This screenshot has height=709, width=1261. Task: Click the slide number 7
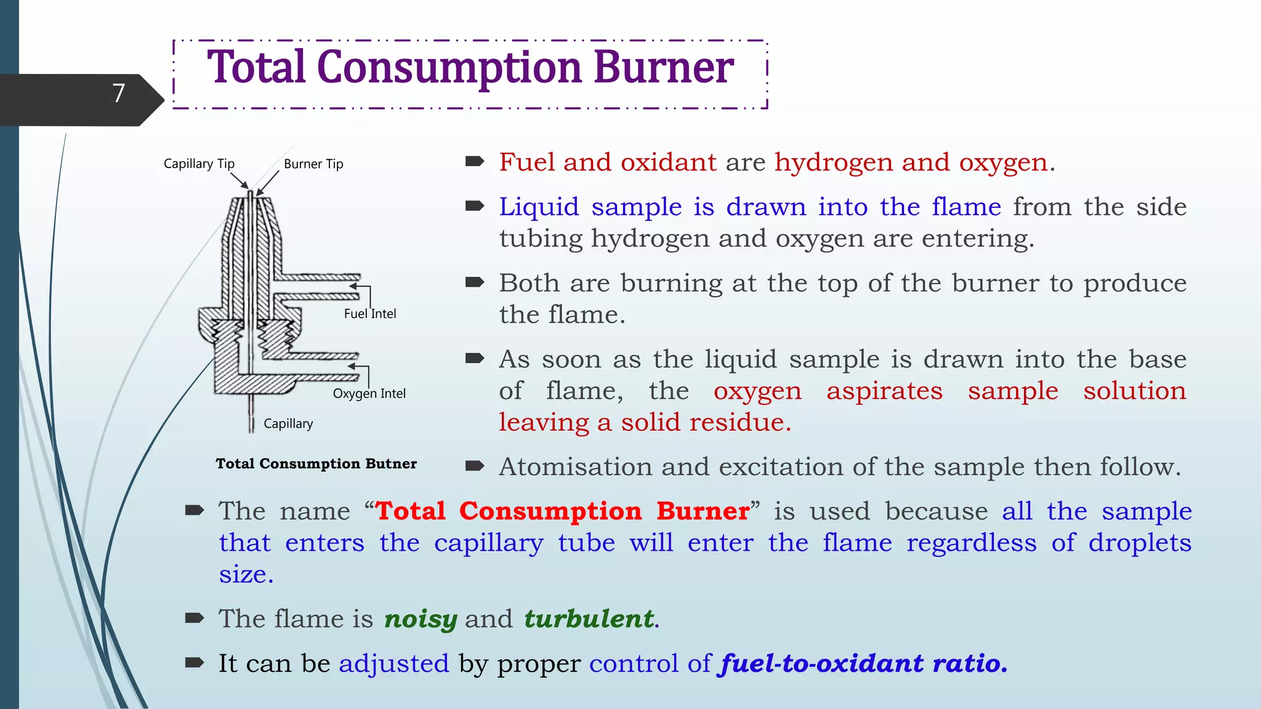tap(119, 94)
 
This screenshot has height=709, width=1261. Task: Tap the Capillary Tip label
tap(199, 164)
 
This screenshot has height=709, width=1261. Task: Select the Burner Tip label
tap(313, 164)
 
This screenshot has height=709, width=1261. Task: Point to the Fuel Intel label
tap(369, 314)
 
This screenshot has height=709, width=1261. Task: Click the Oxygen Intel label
tap(369, 394)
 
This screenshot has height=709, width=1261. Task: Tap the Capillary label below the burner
tap(288, 424)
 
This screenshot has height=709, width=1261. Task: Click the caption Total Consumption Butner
tap(316, 464)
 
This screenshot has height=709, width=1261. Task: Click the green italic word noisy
tap(421, 619)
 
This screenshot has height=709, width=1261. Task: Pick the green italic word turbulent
tap(589, 619)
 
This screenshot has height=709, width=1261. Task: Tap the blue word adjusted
tap(394, 664)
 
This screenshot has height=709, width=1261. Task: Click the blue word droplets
tap(1140, 543)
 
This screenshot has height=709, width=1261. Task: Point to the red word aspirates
tap(884, 391)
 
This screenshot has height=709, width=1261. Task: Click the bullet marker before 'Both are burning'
tap(475, 282)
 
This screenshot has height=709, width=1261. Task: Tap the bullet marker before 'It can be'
tap(195, 662)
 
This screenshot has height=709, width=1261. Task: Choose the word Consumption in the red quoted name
tap(550, 511)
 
